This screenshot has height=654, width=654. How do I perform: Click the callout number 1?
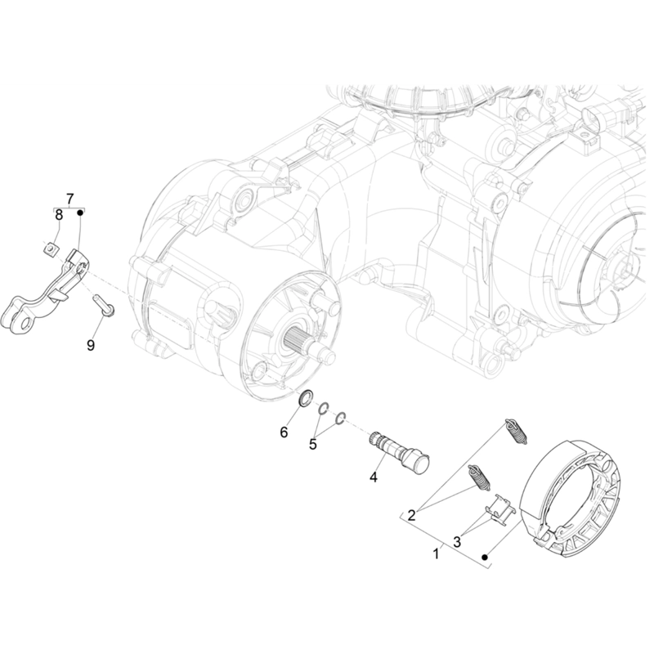437,554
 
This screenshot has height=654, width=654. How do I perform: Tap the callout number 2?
412,516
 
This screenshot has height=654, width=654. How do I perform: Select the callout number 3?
457,542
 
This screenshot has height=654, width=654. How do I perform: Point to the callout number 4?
374,477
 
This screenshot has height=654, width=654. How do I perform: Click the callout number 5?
313,445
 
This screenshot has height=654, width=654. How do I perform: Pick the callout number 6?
284,432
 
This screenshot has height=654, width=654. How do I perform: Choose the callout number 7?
69,198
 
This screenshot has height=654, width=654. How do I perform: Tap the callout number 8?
59,215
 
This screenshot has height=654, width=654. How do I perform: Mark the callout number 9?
91,345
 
